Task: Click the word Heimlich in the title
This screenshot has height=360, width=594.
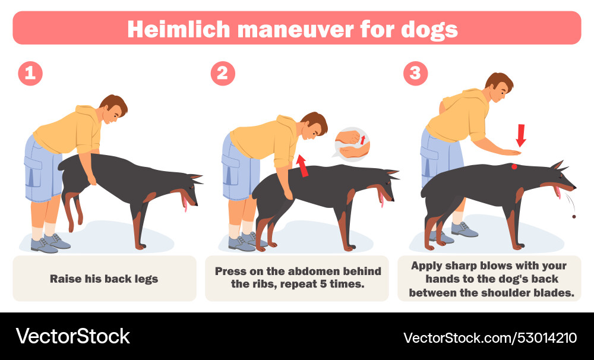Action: click(x=179, y=29)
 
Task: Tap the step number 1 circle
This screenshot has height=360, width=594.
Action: click(x=30, y=73)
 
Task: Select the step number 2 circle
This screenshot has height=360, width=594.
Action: click(x=223, y=73)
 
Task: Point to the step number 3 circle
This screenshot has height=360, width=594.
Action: click(x=415, y=73)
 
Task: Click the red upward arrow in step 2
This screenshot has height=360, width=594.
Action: click(x=302, y=166)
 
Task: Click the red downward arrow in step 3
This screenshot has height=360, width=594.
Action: click(x=521, y=135)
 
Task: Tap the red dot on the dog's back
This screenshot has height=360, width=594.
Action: click(x=514, y=166)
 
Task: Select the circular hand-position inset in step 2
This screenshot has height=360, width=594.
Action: click(x=352, y=143)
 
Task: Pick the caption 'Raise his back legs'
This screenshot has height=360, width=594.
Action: click(x=104, y=279)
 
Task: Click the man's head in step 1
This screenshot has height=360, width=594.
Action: click(x=113, y=108)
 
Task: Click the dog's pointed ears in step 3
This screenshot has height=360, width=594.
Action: click(x=558, y=165)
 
